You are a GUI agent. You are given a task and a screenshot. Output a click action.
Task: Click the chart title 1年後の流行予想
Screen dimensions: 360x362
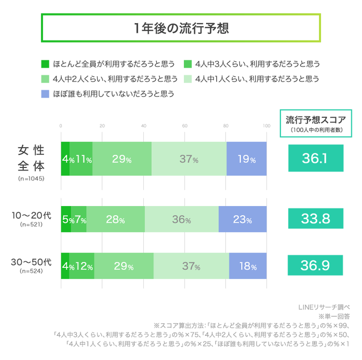[x=181, y=28]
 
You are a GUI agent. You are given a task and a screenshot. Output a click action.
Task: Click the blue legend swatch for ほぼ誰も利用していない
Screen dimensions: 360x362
[x=45, y=94]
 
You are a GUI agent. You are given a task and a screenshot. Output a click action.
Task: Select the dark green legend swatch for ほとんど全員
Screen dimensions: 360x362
[x=45, y=64]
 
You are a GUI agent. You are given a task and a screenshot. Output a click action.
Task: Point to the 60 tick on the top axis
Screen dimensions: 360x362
[x=185, y=126]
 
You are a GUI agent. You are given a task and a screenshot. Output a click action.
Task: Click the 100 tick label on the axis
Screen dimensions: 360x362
[x=266, y=126]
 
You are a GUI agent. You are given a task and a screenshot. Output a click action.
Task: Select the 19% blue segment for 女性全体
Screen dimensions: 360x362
[x=246, y=159]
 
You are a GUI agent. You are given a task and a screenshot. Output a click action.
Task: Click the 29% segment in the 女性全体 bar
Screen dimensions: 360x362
[x=122, y=159]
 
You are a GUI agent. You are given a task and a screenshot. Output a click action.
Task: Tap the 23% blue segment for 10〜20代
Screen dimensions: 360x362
[x=242, y=219]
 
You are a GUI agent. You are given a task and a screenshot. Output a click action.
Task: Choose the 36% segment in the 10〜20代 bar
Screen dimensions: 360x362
[x=182, y=219]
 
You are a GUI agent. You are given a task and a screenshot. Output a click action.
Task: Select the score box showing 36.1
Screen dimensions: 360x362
[x=315, y=158]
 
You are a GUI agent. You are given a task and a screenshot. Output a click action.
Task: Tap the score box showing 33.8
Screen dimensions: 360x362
[x=315, y=219]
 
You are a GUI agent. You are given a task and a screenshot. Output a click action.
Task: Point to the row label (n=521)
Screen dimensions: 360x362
[x=32, y=225]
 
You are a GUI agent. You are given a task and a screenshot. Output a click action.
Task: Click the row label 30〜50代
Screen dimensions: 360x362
[x=32, y=261]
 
